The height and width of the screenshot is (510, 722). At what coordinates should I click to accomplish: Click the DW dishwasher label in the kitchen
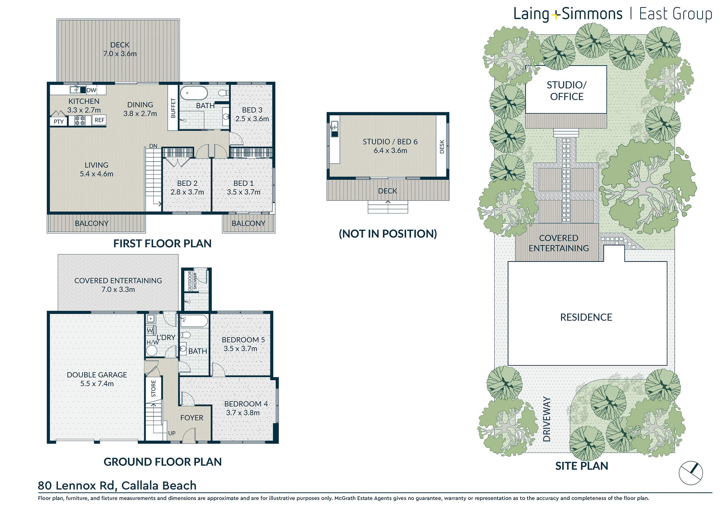click(91, 90)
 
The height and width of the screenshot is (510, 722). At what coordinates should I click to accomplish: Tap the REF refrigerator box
click(99, 120)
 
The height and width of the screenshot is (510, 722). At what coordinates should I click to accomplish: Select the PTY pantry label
click(59, 122)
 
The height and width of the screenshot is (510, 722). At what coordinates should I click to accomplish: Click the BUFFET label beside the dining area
click(173, 108)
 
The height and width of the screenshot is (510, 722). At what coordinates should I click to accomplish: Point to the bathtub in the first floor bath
click(194, 93)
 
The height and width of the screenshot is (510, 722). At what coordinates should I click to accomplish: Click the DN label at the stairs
click(153, 146)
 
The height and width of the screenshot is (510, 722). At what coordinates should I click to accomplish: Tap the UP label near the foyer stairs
click(172, 433)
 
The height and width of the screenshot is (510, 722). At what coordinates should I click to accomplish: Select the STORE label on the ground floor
click(153, 388)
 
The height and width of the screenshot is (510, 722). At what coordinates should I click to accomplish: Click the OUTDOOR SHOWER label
click(192, 281)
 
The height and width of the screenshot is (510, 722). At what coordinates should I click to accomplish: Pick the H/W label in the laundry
click(153, 342)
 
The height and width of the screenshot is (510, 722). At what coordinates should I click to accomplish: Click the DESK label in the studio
click(442, 147)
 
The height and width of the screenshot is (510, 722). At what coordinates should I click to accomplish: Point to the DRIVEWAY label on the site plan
click(546, 419)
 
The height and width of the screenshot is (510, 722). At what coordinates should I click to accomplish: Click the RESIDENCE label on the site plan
click(586, 317)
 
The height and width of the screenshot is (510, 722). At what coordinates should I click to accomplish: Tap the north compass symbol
click(691, 473)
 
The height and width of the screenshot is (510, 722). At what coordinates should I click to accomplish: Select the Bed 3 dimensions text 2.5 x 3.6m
click(252, 119)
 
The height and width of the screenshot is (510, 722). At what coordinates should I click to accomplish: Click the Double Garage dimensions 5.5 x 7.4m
click(97, 384)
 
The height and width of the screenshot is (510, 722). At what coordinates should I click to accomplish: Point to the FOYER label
click(192, 418)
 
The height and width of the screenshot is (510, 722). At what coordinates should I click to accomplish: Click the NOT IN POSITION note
click(388, 234)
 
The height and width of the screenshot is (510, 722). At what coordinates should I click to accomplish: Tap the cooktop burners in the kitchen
click(80, 121)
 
